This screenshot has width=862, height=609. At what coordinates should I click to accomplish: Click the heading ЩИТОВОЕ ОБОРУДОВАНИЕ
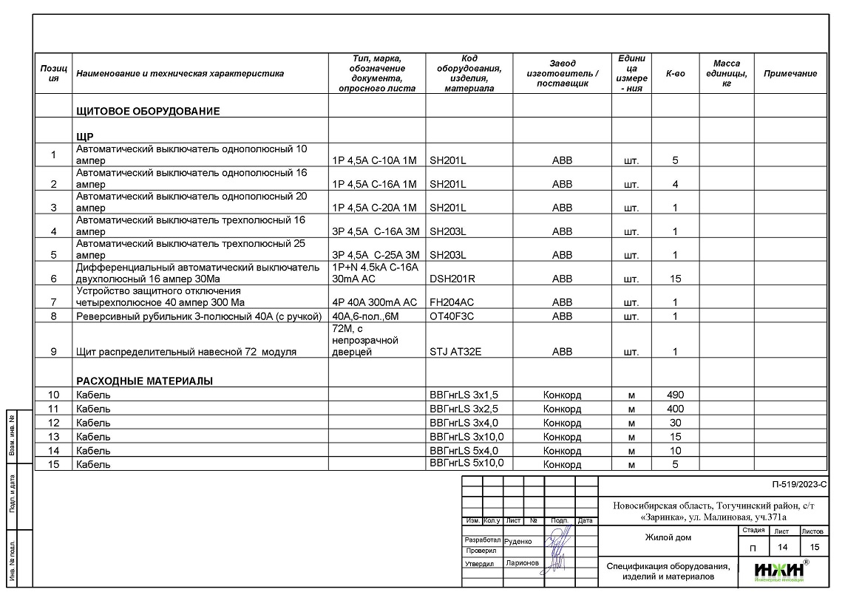(148, 112)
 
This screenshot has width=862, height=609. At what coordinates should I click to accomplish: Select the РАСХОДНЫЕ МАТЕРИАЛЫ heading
(144, 381)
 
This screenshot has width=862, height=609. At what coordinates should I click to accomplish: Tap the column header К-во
(675, 74)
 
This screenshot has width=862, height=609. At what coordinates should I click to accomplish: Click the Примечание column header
(790, 74)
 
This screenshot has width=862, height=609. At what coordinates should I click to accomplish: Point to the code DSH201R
(452, 279)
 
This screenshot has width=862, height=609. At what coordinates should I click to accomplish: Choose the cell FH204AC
(452, 302)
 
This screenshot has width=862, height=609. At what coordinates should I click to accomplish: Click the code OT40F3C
(452, 316)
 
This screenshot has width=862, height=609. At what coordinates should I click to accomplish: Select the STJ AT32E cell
(455, 352)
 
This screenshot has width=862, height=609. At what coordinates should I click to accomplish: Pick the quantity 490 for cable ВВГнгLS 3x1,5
(675, 395)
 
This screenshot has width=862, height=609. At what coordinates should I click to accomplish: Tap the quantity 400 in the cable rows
(675, 409)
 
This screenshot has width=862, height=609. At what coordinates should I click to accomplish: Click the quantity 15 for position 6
(675, 279)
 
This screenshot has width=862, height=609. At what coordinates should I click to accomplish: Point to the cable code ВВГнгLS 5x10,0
(466, 463)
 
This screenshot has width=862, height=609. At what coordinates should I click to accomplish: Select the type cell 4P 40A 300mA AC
(375, 302)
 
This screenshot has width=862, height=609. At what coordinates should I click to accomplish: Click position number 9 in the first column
(53, 352)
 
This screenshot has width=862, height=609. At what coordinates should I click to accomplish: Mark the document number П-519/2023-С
(798, 486)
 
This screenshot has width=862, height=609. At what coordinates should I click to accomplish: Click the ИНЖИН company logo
(779, 571)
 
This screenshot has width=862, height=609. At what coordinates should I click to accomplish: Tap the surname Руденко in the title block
(517, 541)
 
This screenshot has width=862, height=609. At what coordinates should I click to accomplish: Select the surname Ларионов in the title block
(522, 563)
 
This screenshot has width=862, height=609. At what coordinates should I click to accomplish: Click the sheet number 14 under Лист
(781, 548)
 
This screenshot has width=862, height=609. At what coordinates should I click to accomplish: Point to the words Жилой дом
(668, 537)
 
